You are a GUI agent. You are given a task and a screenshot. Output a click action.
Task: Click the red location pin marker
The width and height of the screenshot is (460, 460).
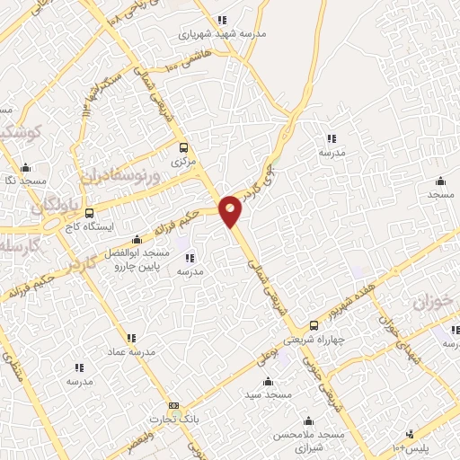(x=231, y=210)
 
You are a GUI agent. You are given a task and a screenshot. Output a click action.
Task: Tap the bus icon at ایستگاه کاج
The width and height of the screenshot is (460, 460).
(x=89, y=213)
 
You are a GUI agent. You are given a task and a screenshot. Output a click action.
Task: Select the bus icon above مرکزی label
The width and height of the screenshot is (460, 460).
(x=183, y=148)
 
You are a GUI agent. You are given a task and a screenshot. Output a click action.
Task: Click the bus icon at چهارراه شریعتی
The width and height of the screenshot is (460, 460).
(x=314, y=325)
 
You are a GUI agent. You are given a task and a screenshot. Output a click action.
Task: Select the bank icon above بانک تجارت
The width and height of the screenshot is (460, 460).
(x=173, y=406)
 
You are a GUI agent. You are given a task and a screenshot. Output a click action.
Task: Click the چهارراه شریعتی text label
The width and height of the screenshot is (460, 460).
(x=338, y=342)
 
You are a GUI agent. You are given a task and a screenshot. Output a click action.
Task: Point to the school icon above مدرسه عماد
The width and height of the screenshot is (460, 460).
(x=131, y=338)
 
